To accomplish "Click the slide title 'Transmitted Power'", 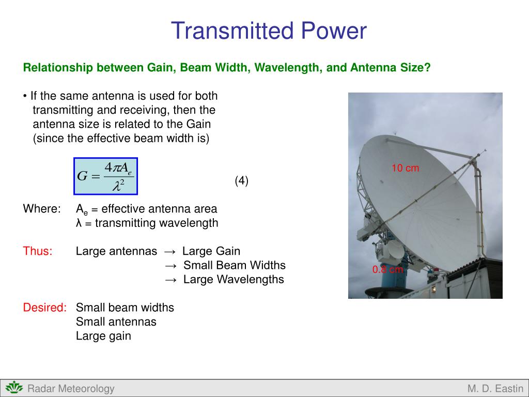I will (269, 31).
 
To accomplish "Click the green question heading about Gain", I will (227, 68).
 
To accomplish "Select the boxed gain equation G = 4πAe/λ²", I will (106, 176).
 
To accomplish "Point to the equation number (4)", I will (241, 180).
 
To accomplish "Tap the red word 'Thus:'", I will (38, 251).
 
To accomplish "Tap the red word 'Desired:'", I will (45, 308).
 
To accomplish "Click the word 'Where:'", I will (42, 209).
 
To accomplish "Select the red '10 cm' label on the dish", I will (405, 168).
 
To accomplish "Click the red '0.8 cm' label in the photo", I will (387, 269).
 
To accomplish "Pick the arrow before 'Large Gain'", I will (170, 252).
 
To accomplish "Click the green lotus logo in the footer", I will (14, 388).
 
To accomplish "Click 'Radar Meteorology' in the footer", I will (71, 389).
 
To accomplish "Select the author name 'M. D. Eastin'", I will (495, 389).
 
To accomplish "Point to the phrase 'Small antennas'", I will (116, 322).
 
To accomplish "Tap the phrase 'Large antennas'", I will (116, 251).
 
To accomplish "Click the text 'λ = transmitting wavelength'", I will (147, 223).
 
